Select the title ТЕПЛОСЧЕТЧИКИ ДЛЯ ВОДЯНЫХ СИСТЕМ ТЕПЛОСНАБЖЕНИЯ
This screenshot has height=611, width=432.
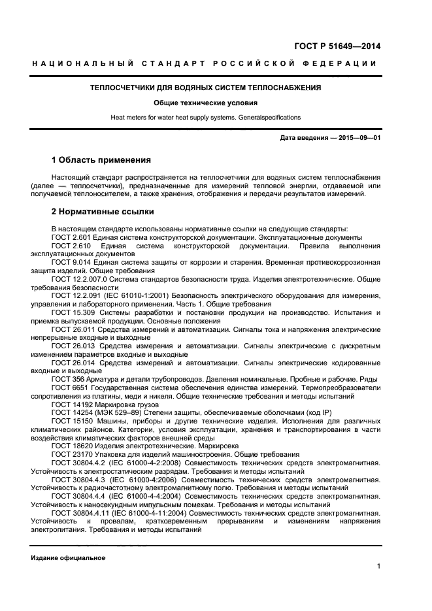tap(205, 87)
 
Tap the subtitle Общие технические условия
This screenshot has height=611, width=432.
tap(205, 103)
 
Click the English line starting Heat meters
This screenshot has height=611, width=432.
tap(205, 118)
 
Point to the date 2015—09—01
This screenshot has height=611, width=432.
tap(357, 138)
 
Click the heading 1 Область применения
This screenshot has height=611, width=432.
tap(101, 160)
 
